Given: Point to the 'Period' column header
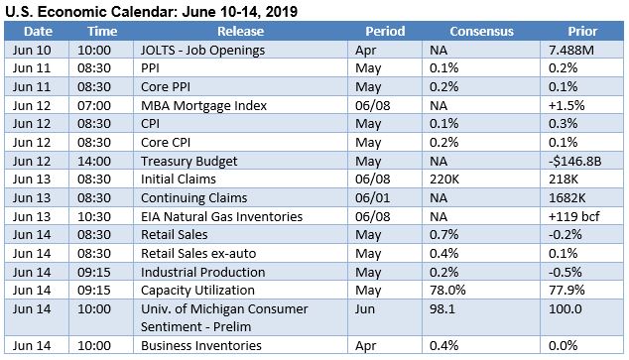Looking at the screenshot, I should click(384, 31).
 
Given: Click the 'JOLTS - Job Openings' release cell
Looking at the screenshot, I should click(202, 49).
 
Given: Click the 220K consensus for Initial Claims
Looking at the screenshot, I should click(443, 180).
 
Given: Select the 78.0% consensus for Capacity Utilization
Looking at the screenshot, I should click(446, 291).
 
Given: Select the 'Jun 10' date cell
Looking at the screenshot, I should click(30, 49).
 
